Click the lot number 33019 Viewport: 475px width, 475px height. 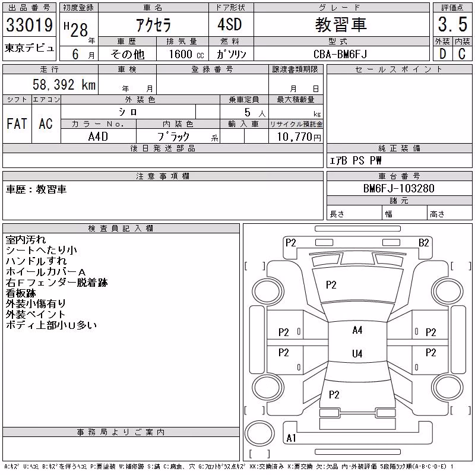click(29, 25)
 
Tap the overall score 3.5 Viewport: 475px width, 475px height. click(452, 24)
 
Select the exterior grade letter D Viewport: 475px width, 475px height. click(442, 54)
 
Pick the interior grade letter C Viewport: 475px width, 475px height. click(462, 54)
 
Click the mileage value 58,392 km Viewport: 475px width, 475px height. click(64, 84)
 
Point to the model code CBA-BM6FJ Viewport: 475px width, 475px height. click(340, 54)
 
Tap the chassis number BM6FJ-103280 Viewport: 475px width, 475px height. click(398, 188)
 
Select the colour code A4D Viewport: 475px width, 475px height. click(98, 137)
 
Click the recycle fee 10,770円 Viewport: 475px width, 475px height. click(299, 137)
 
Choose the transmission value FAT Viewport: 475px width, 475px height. click(17, 123)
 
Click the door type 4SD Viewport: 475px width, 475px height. click(230, 24)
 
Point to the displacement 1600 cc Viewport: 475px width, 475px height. click(186, 54)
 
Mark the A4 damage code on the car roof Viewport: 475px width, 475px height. click(357, 330)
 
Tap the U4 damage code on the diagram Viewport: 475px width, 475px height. click(357, 353)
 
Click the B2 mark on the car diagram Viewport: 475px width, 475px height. click(423, 243)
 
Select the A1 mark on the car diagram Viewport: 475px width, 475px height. click(291, 438)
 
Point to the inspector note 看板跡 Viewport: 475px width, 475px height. click(21, 293)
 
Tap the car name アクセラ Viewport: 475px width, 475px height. click(154, 25)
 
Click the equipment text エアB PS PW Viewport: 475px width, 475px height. click(355, 160)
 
